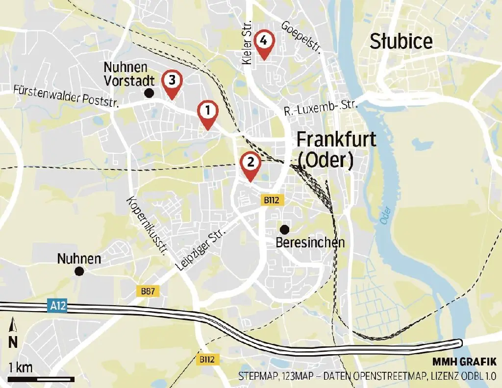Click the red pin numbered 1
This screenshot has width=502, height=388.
(x=208, y=112)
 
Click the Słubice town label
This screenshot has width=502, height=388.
(x=401, y=42)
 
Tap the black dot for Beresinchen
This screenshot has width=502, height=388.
(x=284, y=229)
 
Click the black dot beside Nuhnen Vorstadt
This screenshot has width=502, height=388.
(x=150, y=93)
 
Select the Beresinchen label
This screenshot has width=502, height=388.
(x=310, y=242)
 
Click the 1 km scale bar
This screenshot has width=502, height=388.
(x=41, y=378)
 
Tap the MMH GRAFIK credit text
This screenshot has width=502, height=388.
(x=464, y=362)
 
